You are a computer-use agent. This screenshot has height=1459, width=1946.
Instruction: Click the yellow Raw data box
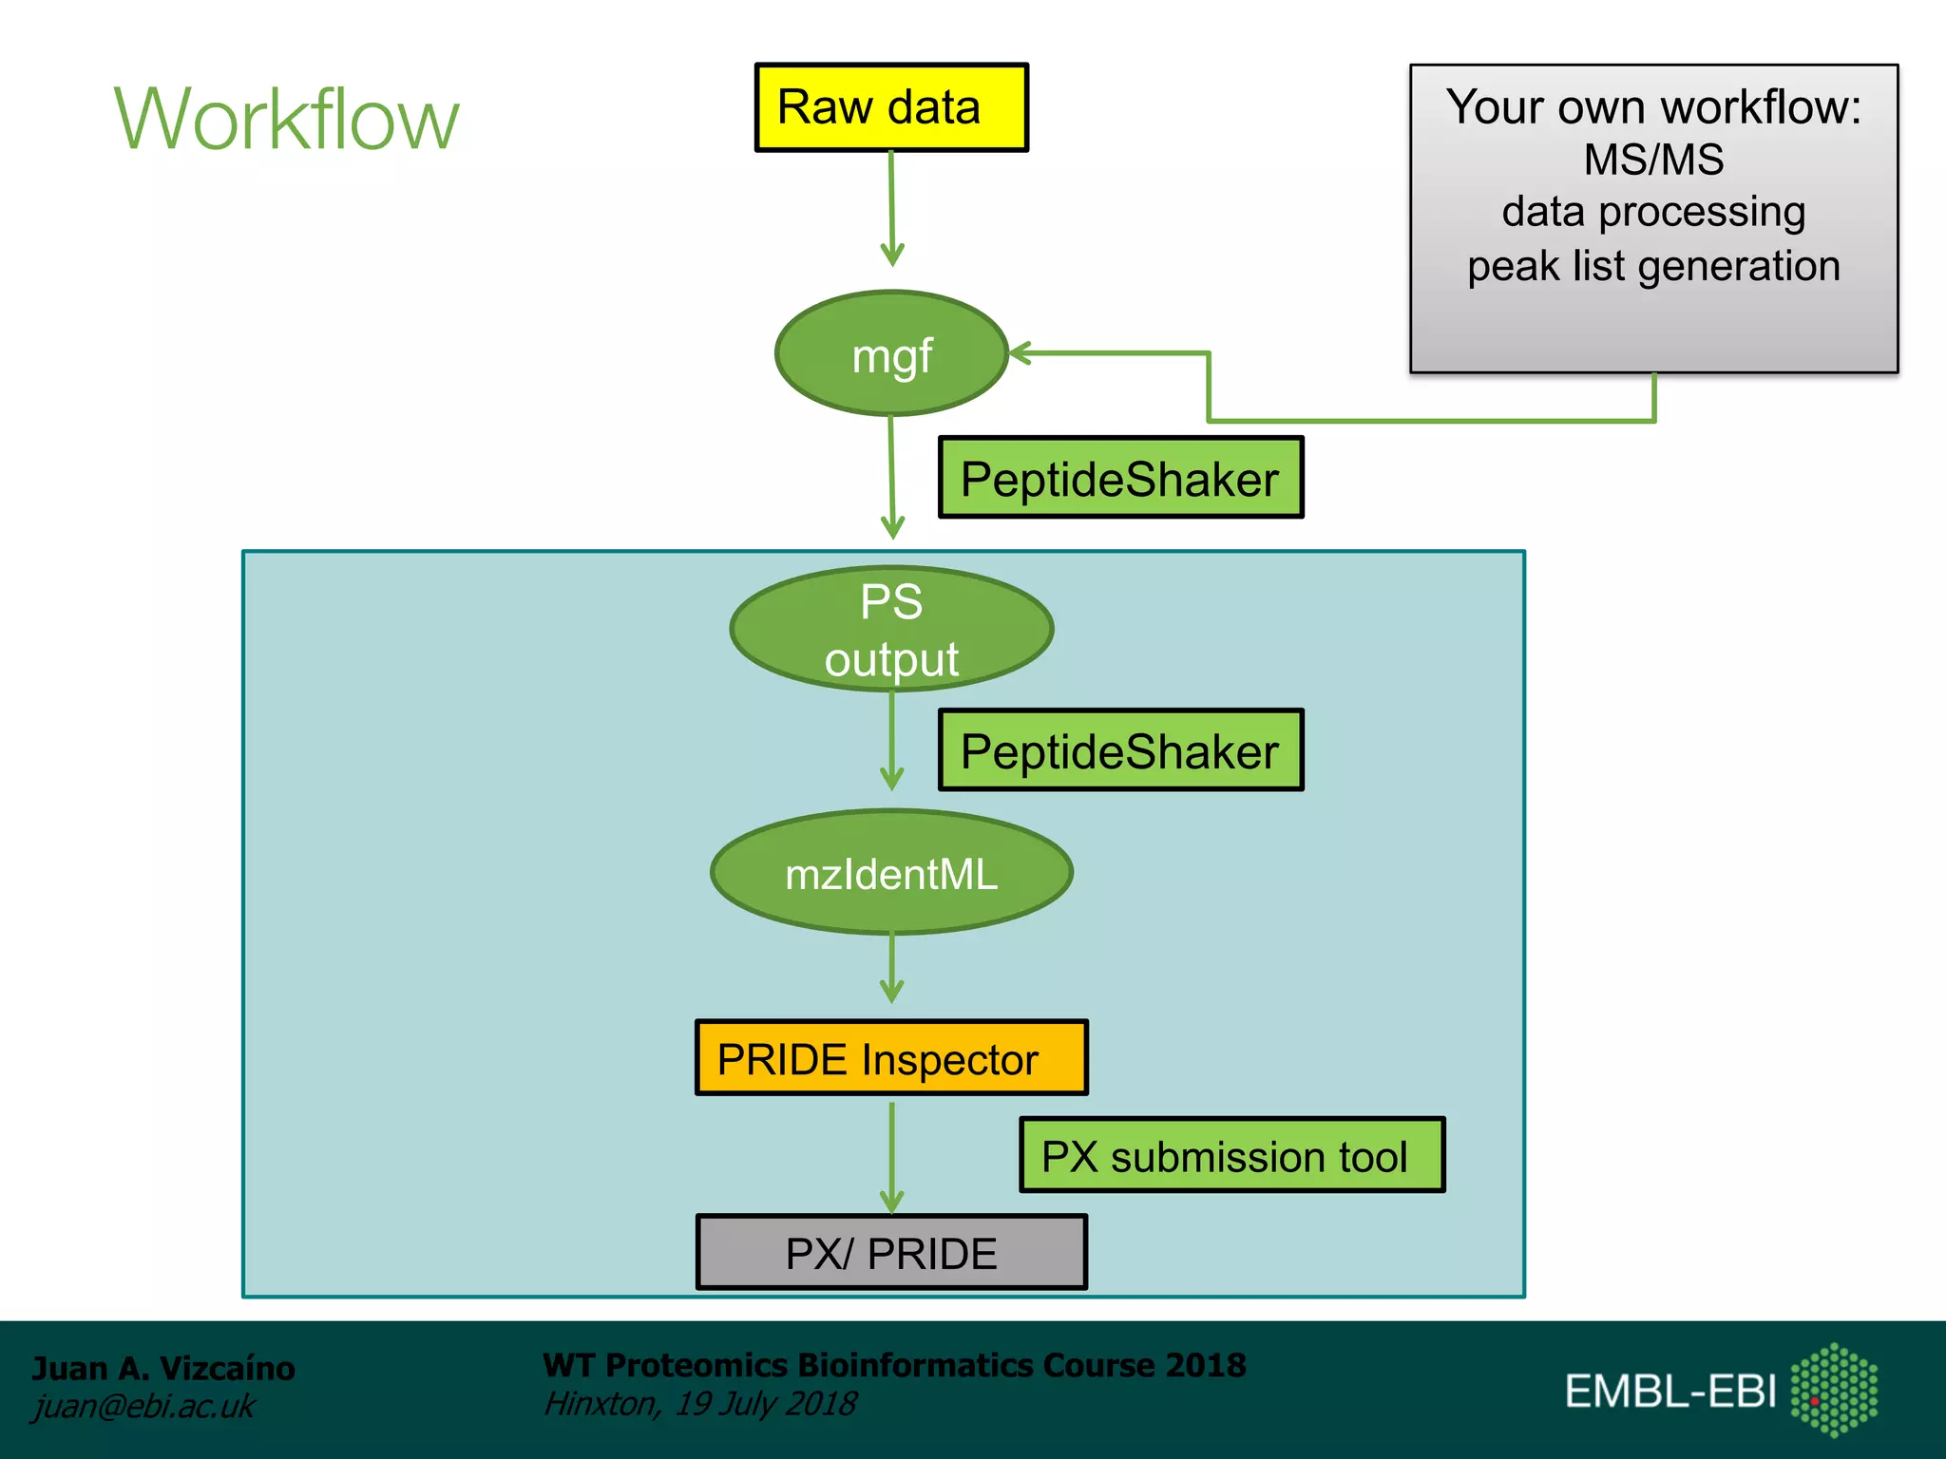890,107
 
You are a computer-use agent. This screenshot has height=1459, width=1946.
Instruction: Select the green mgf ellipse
891,354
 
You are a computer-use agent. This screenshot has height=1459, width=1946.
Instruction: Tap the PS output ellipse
891,629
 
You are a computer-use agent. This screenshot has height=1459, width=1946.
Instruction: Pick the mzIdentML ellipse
891,873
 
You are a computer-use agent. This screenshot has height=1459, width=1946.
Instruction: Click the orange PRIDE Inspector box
890,1058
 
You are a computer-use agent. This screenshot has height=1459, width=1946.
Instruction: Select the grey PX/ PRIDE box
890,1253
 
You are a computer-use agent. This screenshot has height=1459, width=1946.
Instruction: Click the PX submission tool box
1231,1156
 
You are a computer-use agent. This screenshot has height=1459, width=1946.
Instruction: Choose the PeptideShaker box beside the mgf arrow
1120,478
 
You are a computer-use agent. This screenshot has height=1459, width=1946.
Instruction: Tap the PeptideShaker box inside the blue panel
1120,750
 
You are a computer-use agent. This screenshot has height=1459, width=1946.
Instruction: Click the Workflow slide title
286,120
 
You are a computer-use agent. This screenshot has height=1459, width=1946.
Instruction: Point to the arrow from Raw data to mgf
891,209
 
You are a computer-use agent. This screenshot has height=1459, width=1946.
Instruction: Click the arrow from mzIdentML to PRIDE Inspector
891,967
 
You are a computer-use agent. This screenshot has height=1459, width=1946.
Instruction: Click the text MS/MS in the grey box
1653,160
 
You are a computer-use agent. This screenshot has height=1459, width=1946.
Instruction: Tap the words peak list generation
1653,266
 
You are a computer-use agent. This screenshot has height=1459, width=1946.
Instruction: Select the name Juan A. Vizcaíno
163,1369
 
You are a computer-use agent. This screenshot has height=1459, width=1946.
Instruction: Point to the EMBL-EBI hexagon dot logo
1833,1390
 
